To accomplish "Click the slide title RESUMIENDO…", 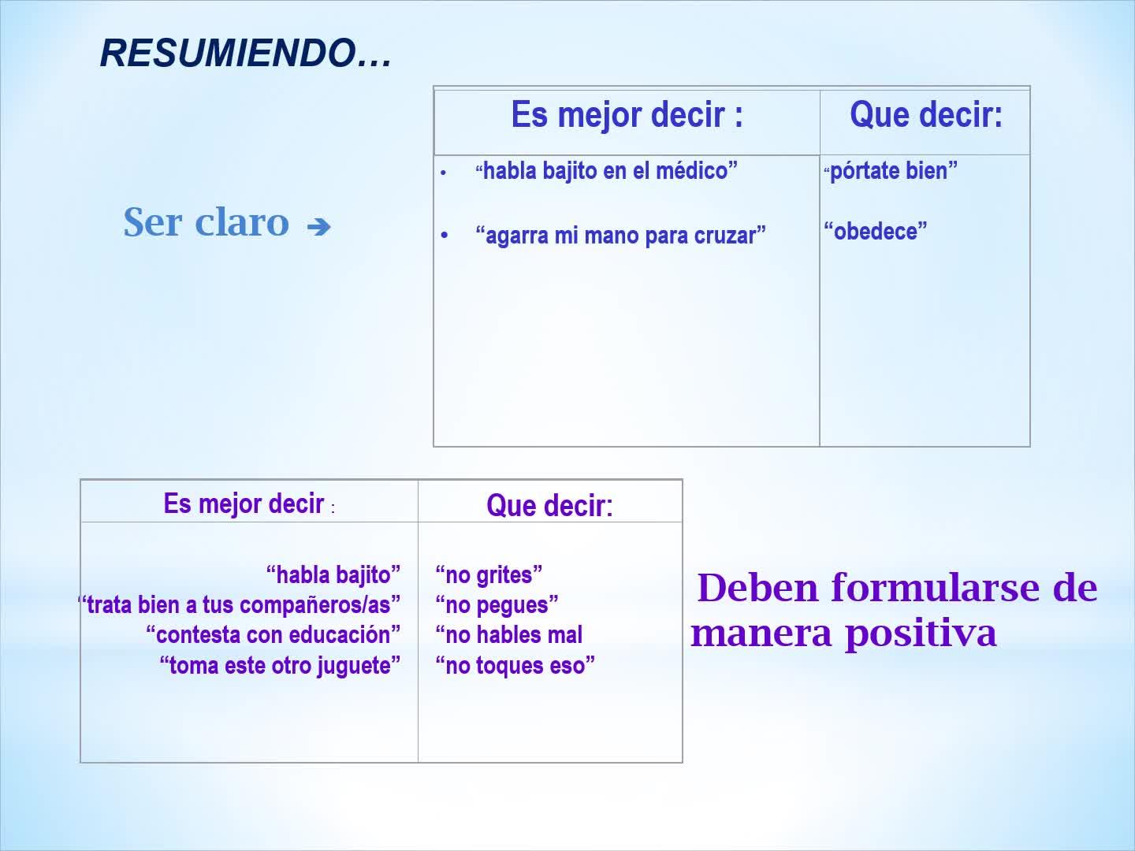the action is click(x=246, y=54).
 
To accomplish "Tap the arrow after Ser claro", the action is click(x=318, y=226).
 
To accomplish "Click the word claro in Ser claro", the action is click(x=242, y=222).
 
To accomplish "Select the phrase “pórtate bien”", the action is click(x=891, y=171).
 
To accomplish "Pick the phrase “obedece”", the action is click(x=876, y=231).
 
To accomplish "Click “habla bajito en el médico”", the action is click(x=607, y=171).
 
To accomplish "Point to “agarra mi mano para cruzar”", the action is click(x=620, y=236).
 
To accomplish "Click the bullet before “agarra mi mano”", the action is click(x=445, y=236).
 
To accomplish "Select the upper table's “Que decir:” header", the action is click(x=926, y=115).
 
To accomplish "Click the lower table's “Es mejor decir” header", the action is click(x=244, y=504).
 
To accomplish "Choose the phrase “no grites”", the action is click(x=489, y=575).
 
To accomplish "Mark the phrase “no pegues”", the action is click(x=497, y=605).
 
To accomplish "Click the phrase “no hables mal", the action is click(x=509, y=635).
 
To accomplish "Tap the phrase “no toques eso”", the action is click(x=515, y=666).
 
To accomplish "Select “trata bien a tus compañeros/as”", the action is click(x=239, y=605).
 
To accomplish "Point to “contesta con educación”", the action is click(x=273, y=635).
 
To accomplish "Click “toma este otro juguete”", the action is click(x=280, y=666).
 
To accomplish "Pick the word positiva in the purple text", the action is click(x=921, y=634).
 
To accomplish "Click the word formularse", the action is click(x=935, y=588).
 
